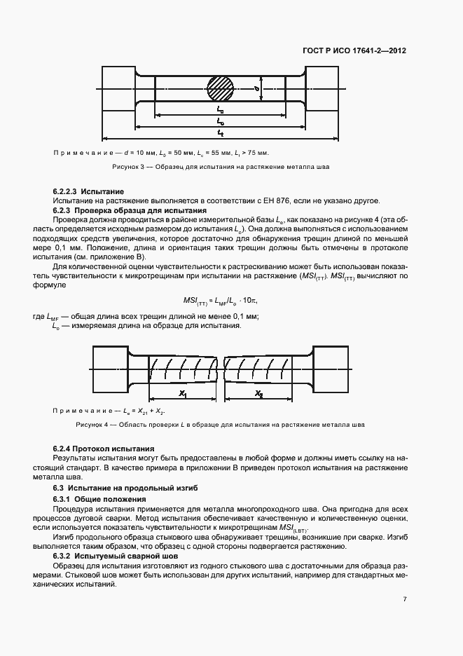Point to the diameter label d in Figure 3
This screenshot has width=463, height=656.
coord(257,89)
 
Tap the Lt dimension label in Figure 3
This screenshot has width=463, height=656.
coord(220,132)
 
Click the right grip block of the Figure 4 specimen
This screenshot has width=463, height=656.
coord(330,367)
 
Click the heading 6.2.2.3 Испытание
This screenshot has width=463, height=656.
coord(88,191)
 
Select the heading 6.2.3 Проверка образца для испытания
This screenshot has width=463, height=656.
coord(130,210)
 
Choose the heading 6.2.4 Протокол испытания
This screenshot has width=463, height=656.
coord(104,448)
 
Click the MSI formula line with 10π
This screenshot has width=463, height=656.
coord(219,299)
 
